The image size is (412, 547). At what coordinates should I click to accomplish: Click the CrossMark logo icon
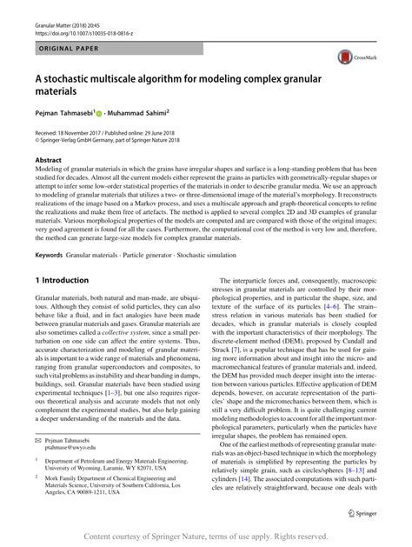tap(356, 58)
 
